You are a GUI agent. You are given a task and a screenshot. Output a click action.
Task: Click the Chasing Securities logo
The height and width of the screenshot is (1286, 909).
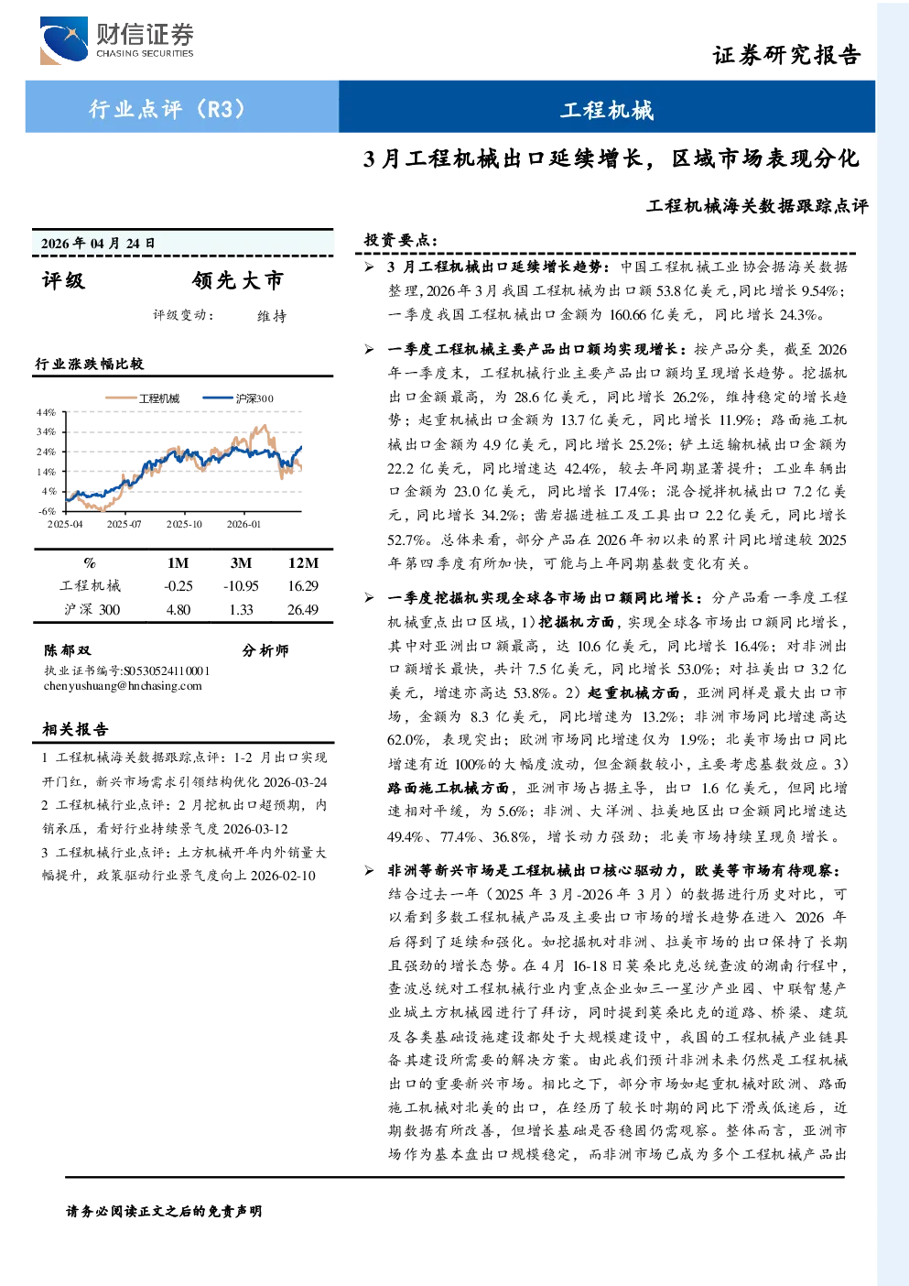117,39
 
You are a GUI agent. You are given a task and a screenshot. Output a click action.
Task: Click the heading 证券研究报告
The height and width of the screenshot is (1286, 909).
786,55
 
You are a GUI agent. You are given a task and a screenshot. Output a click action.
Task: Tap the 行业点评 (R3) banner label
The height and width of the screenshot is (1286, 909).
167,108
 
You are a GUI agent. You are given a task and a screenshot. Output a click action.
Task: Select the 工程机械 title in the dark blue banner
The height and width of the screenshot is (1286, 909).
607,110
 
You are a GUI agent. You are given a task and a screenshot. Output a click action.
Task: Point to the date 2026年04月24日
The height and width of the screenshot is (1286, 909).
98,244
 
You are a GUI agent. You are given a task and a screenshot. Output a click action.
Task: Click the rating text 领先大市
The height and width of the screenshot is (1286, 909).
238,280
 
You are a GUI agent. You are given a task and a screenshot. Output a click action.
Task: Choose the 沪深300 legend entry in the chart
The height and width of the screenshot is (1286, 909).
238,398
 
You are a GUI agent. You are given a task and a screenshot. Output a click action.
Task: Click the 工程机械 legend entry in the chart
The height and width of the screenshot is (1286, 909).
142,398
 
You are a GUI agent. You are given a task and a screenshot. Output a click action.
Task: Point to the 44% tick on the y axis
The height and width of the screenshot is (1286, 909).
46,412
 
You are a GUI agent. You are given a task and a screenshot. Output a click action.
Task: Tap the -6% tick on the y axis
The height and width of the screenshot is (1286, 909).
47,511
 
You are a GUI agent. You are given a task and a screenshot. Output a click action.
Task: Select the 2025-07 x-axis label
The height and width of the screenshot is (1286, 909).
124,524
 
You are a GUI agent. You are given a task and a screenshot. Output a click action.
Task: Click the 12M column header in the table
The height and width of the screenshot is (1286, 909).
303,562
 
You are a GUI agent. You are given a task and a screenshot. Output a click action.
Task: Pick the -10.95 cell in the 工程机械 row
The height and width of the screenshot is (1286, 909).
241,586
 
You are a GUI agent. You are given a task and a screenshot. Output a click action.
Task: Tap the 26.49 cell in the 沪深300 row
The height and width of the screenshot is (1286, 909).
303,610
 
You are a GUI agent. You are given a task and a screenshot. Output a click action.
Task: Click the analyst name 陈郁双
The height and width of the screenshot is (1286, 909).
68,650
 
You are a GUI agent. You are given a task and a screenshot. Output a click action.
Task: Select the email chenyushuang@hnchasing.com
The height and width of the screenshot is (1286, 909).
123,685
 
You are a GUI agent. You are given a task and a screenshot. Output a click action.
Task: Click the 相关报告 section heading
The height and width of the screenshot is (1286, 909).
75,729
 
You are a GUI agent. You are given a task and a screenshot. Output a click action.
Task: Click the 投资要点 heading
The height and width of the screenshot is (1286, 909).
401,239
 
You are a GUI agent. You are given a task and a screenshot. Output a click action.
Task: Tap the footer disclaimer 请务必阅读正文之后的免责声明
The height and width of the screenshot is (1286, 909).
164,1211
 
